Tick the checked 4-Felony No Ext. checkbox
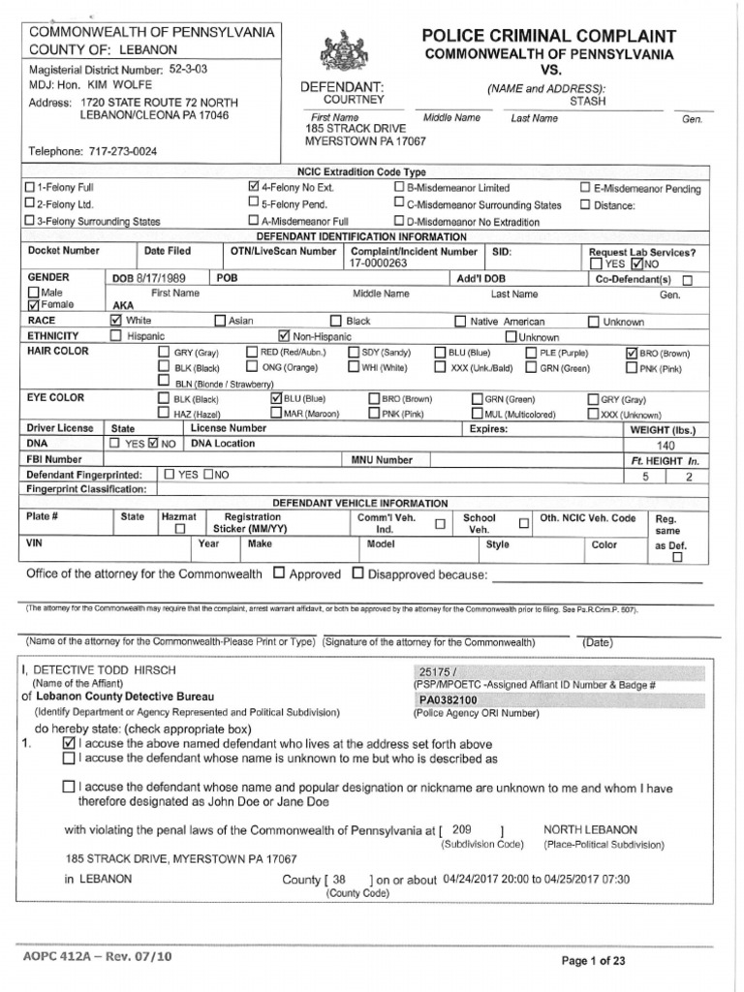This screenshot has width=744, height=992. (254, 187)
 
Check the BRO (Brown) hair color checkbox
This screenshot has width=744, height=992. (633, 353)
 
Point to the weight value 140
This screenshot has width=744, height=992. (666, 446)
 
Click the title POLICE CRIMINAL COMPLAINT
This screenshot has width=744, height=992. (548, 36)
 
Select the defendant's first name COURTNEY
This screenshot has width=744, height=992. (354, 100)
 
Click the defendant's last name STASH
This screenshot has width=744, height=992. (587, 100)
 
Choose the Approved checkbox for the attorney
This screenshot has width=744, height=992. (279, 573)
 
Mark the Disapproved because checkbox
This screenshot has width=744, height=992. (357, 573)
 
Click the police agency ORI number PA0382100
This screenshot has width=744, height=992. (448, 699)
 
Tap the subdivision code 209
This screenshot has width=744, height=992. (461, 830)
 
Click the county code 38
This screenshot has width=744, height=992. (338, 880)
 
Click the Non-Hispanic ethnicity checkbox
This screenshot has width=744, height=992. (284, 336)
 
